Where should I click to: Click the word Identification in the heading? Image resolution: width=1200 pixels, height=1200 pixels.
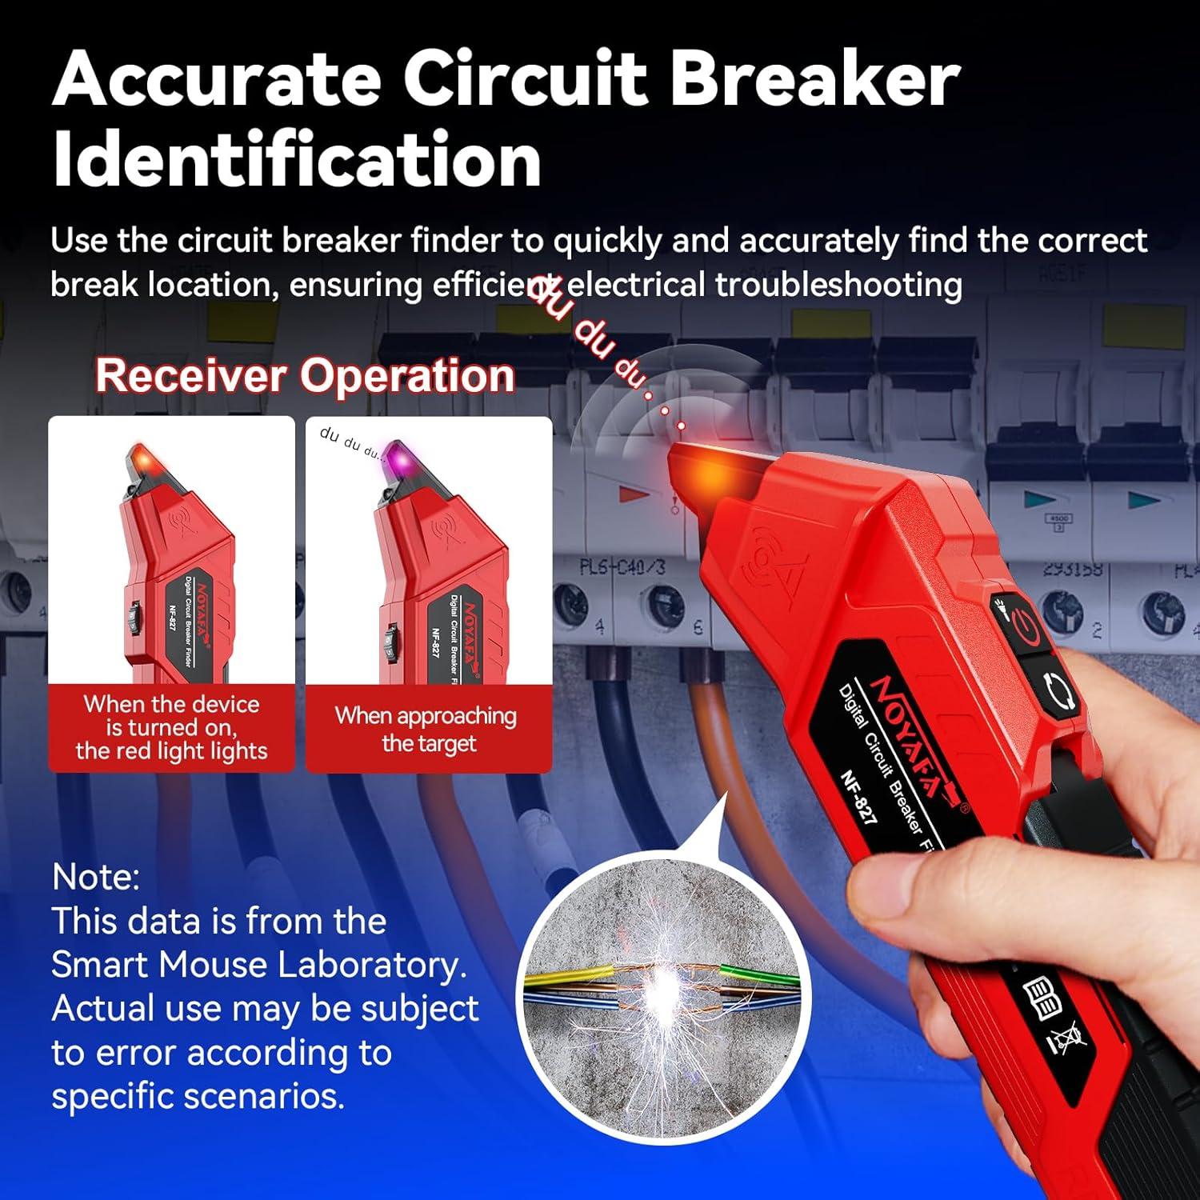tap(297, 160)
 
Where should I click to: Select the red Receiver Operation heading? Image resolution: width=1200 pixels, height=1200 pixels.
tap(305, 375)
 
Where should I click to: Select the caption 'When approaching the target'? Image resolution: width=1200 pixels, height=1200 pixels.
tap(428, 729)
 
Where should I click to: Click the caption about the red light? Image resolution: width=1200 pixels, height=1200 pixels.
tap(171, 727)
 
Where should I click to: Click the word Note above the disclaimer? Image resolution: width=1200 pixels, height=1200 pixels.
tap(95, 877)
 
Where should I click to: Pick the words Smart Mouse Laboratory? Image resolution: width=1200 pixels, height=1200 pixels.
tap(258, 964)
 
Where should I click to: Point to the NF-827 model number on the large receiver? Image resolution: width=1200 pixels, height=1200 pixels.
tap(859, 797)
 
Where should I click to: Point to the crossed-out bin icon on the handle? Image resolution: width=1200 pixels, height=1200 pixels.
tap(1068, 1040)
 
